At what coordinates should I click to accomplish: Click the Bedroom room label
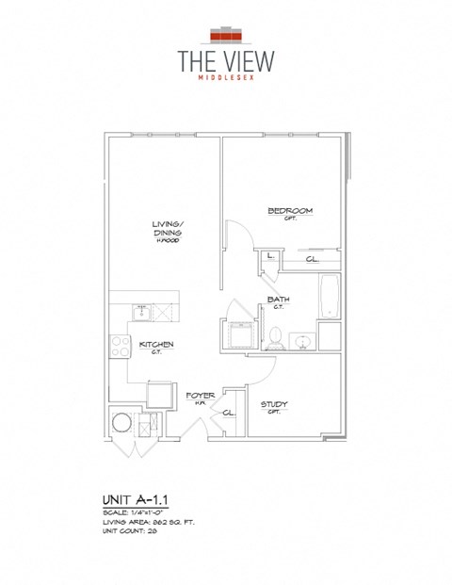point(289,211)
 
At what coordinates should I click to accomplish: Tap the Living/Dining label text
point(168,229)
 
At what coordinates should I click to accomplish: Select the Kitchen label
point(156,345)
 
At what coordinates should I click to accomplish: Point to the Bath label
point(278,300)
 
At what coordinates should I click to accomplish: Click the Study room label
point(275,405)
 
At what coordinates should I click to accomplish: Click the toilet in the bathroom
point(276,337)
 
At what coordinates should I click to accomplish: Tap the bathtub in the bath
point(330,297)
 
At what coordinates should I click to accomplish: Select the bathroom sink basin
point(304,339)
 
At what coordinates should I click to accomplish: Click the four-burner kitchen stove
point(120,346)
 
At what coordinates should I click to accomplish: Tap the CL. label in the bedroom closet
point(312,259)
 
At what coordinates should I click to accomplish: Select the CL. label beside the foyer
point(228,413)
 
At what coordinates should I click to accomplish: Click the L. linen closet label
point(270,255)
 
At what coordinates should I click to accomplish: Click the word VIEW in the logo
point(246,60)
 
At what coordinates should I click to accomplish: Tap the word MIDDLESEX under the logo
point(226,80)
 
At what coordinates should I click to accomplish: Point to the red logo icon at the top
point(226,35)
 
